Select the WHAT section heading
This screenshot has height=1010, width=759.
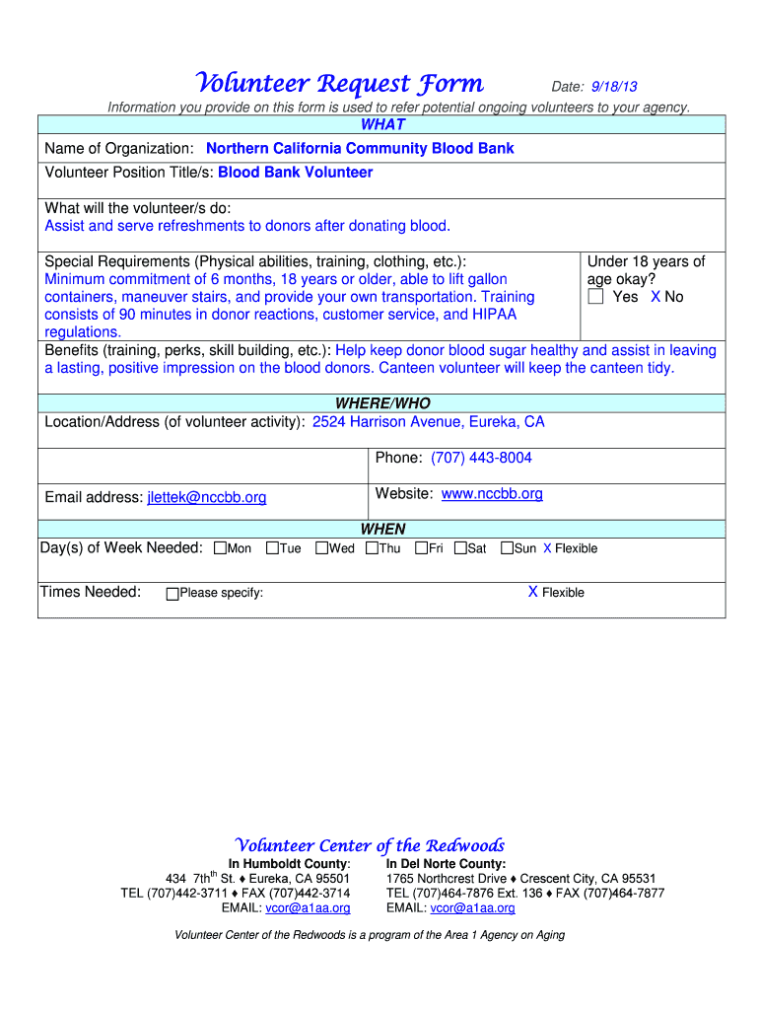382,124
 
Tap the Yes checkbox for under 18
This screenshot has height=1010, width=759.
595,297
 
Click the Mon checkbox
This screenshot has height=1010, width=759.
220,548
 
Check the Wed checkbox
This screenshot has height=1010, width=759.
321,548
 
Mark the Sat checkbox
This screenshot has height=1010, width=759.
460,548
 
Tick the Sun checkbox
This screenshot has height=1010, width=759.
507,548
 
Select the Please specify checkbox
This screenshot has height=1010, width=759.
172,594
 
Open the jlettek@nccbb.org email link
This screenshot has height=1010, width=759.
207,497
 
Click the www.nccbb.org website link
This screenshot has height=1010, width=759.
492,493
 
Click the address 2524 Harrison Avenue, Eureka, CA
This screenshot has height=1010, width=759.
428,422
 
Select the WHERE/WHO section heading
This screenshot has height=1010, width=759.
382,403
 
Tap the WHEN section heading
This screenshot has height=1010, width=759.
382,529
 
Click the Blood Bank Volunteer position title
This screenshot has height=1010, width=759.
296,173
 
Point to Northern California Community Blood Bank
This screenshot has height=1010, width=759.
360,149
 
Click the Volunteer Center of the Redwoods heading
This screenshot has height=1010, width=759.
370,845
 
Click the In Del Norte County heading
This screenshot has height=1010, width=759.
447,864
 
